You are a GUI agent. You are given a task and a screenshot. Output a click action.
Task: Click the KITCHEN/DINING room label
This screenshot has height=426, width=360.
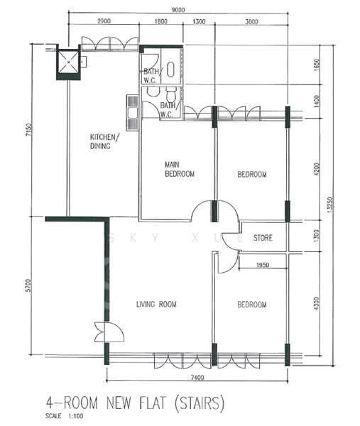[104, 142]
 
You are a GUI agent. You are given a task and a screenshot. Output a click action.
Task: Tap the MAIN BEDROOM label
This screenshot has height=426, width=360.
[179, 168]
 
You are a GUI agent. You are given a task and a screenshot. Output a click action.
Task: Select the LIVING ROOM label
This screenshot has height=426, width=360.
[156, 305]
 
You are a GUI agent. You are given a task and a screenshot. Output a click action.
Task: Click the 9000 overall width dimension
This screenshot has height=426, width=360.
[178, 9]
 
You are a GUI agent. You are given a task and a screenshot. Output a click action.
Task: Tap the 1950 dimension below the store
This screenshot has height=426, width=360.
[261, 266]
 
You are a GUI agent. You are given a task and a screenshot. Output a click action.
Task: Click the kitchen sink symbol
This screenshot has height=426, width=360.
[131, 106]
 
